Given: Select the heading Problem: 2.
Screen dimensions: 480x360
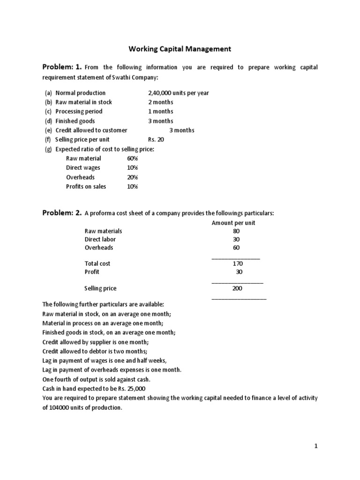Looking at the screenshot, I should [x=62, y=213].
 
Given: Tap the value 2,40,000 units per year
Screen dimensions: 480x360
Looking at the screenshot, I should [x=178, y=93].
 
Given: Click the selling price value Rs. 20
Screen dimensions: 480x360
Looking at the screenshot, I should [x=156, y=140].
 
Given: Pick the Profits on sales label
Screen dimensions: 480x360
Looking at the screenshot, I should [x=86, y=187].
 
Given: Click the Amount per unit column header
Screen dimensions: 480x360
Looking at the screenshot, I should [x=233, y=223].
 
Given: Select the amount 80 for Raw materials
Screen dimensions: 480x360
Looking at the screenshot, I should [x=236, y=231].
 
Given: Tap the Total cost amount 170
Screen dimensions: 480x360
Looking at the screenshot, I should [x=238, y=264].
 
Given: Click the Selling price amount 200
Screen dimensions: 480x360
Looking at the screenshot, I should [x=237, y=289].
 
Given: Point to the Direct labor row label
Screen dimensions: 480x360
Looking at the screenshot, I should [x=100, y=239].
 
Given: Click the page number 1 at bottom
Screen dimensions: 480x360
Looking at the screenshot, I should [x=316, y=446].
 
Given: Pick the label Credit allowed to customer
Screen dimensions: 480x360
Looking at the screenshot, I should [x=91, y=130].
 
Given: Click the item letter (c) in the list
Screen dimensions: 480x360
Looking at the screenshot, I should [x=48, y=112].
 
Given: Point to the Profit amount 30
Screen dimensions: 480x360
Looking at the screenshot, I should [x=239, y=272].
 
